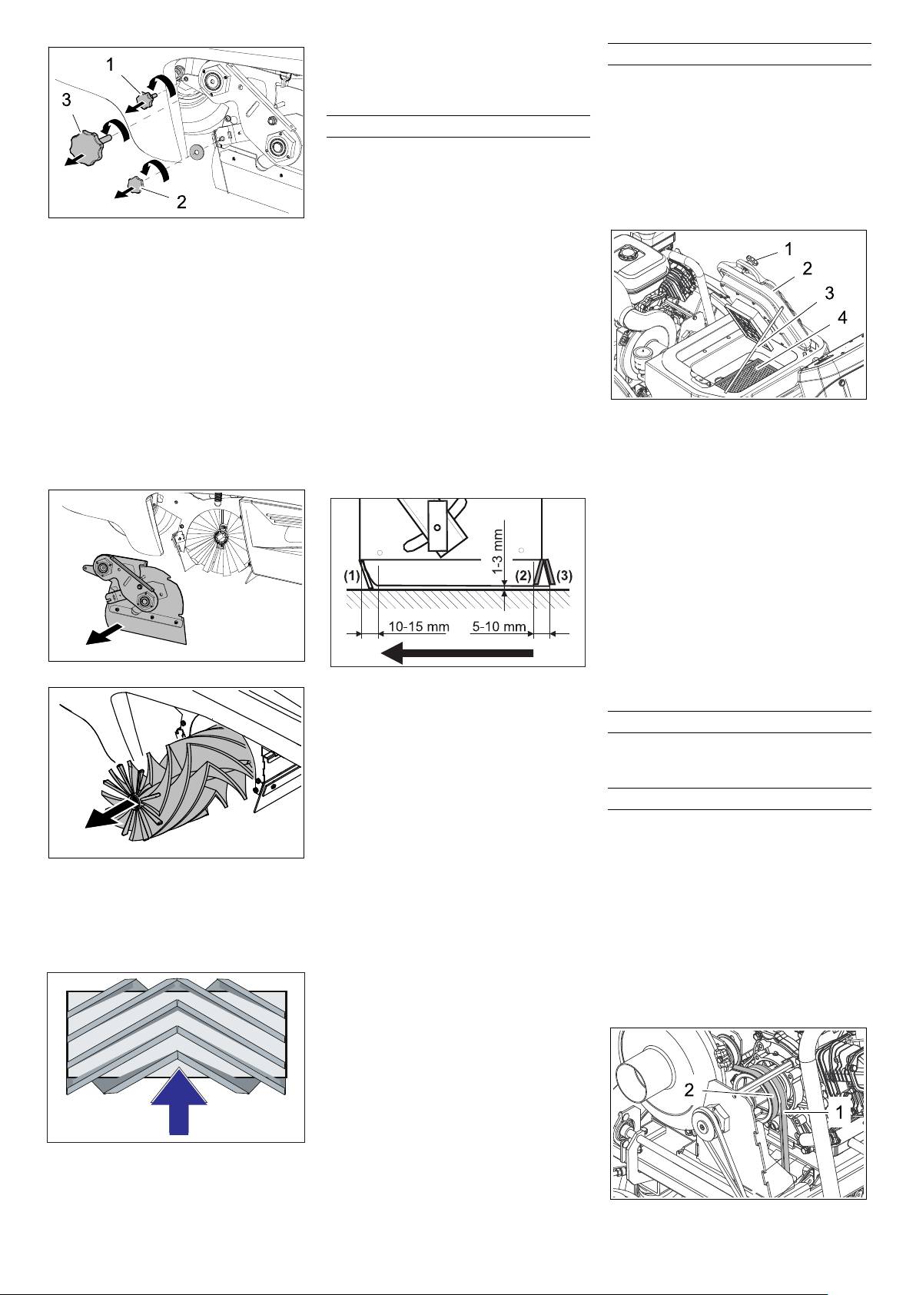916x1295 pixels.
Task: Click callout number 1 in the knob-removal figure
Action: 111,65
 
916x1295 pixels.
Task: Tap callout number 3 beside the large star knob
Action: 66,100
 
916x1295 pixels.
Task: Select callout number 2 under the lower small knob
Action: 181,202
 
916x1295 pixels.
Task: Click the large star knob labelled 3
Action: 85,145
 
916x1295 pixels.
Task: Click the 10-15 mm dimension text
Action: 418,626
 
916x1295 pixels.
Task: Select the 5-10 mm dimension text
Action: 499,626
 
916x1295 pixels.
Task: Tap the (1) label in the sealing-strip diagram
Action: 351,576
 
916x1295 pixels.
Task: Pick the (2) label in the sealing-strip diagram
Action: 523,576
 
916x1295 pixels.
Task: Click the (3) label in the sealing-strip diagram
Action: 564,576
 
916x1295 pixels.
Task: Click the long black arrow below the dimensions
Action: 457,654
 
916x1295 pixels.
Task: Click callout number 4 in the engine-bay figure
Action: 842,317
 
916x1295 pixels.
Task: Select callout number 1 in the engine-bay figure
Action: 788,249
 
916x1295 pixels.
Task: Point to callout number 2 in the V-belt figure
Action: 689,1090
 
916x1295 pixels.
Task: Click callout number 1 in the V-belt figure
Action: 840,1111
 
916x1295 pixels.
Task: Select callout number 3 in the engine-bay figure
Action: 829,293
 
